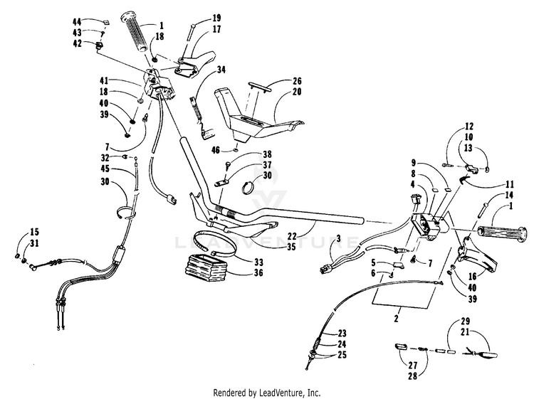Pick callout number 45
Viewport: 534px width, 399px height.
(x=106, y=169)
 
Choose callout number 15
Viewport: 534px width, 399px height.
(x=35, y=232)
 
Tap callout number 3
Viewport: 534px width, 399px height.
(x=339, y=238)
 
